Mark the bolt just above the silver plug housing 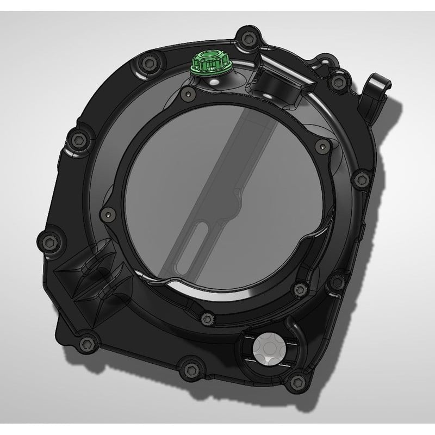[x=298, y=287]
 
